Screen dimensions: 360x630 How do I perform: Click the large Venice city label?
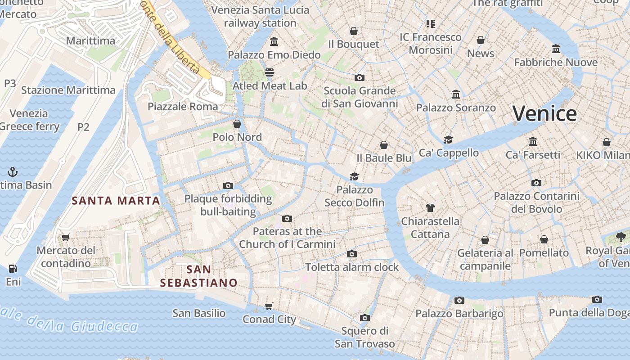tap(544, 113)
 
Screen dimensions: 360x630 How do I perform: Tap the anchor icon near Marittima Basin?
tap(13, 171)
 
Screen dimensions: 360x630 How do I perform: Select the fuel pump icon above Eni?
tap(13, 269)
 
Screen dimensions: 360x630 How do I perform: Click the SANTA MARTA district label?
tap(116, 201)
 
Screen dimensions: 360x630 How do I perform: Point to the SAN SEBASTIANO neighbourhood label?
tap(198, 276)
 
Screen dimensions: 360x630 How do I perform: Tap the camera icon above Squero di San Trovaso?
tap(365, 318)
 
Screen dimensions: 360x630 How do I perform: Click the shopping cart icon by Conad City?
tap(269, 306)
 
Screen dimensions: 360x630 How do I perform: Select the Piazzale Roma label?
tap(183, 107)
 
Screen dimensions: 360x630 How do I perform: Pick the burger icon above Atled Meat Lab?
tap(270, 72)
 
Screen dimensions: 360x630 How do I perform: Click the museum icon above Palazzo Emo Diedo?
tap(274, 42)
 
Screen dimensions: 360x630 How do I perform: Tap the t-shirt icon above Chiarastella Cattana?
tap(430, 208)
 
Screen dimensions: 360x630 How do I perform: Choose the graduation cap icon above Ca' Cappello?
tap(448, 139)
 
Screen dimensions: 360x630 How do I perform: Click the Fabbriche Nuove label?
tap(556, 62)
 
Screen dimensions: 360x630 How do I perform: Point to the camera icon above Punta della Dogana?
tap(597, 299)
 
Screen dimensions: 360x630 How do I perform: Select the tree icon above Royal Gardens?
tap(621, 237)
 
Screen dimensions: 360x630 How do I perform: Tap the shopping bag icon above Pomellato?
tap(544, 239)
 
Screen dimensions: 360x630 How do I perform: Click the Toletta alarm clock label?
tap(352, 267)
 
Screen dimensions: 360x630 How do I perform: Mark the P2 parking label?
tap(83, 127)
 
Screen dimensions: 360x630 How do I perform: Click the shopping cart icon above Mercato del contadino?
tap(66, 237)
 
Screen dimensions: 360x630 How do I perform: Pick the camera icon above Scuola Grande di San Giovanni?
tap(359, 77)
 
